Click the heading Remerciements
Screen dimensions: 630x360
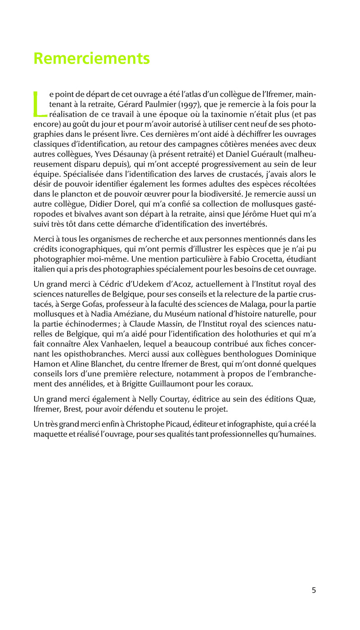[x=92, y=58]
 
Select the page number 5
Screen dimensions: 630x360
[x=314, y=590]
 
